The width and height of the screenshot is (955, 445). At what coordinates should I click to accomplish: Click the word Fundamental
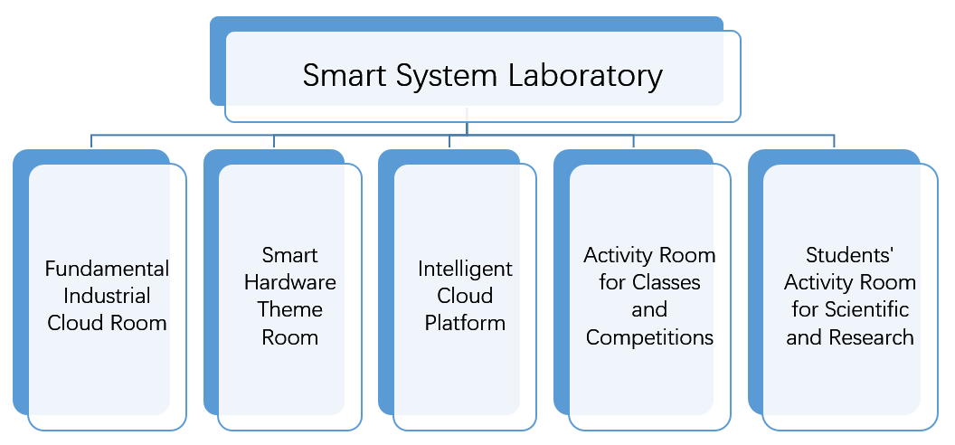click(x=107, y=269)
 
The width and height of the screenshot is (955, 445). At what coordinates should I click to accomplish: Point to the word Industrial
click(x=107, y=296)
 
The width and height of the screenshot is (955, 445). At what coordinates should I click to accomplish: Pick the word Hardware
click(x=290, y=282)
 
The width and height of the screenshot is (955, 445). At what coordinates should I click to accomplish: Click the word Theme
click(x=290, y=309)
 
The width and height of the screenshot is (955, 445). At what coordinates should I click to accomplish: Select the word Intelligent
click(x=465, y=269)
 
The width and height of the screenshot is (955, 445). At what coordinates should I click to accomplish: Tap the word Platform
click(x=465, y=323)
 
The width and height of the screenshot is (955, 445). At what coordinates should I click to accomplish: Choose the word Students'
click(x=849, y=255)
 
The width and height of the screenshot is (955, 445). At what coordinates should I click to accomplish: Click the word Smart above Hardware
click(x=290, y=255)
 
